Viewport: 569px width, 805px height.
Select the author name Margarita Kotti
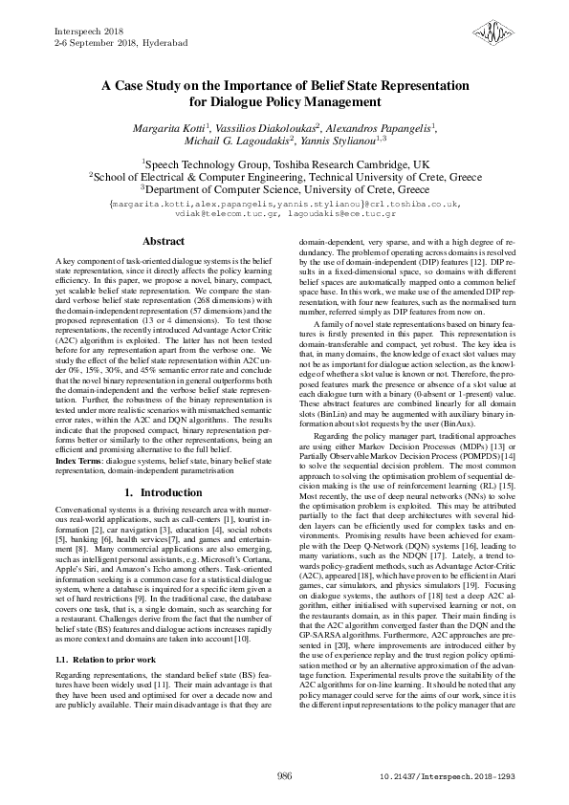169,127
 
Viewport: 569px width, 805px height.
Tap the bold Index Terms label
79,460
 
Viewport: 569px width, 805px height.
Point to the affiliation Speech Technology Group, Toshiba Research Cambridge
285,163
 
